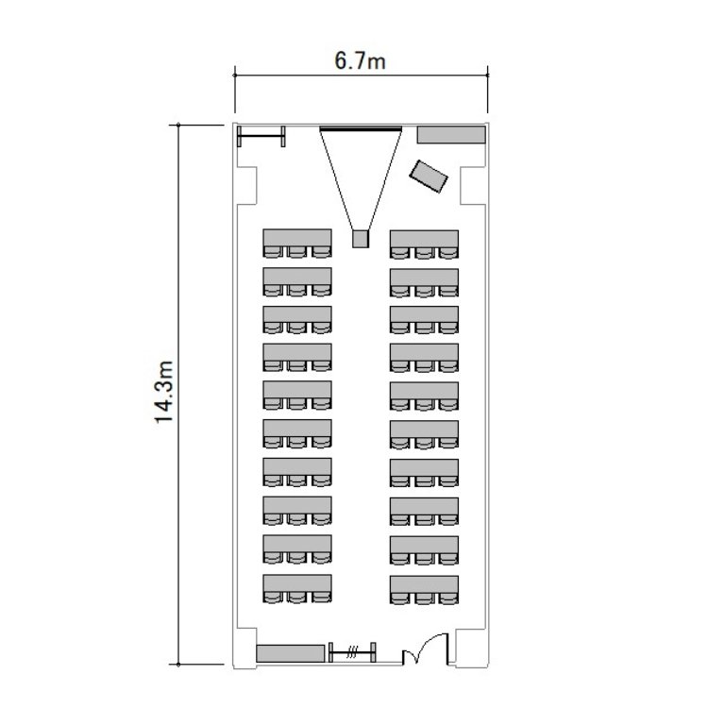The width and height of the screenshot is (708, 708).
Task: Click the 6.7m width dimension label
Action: [360, 61]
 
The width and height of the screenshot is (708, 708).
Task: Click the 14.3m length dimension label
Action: [164, 392]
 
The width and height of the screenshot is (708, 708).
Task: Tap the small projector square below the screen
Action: [361, 239]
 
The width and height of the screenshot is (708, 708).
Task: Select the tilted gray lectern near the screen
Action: [429, 177]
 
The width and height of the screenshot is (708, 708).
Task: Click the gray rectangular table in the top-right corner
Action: [451, 135]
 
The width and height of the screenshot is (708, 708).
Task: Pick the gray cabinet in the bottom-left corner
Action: [291, 653]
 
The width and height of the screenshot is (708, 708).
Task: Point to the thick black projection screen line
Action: [361, 129]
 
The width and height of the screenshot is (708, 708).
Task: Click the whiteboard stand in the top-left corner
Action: [261, 136]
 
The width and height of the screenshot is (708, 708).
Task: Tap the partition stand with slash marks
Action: [352, 652]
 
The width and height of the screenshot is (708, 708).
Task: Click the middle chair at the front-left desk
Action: [297, 252]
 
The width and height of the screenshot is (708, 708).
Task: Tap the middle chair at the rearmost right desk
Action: [425, 598]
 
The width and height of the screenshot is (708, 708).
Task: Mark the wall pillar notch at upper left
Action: [247, 186]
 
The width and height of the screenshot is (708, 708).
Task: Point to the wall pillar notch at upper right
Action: [473, 186]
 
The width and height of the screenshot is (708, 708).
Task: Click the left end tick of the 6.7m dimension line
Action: [235, 75]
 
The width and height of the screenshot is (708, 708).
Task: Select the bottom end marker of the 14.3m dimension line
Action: [178, 665]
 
